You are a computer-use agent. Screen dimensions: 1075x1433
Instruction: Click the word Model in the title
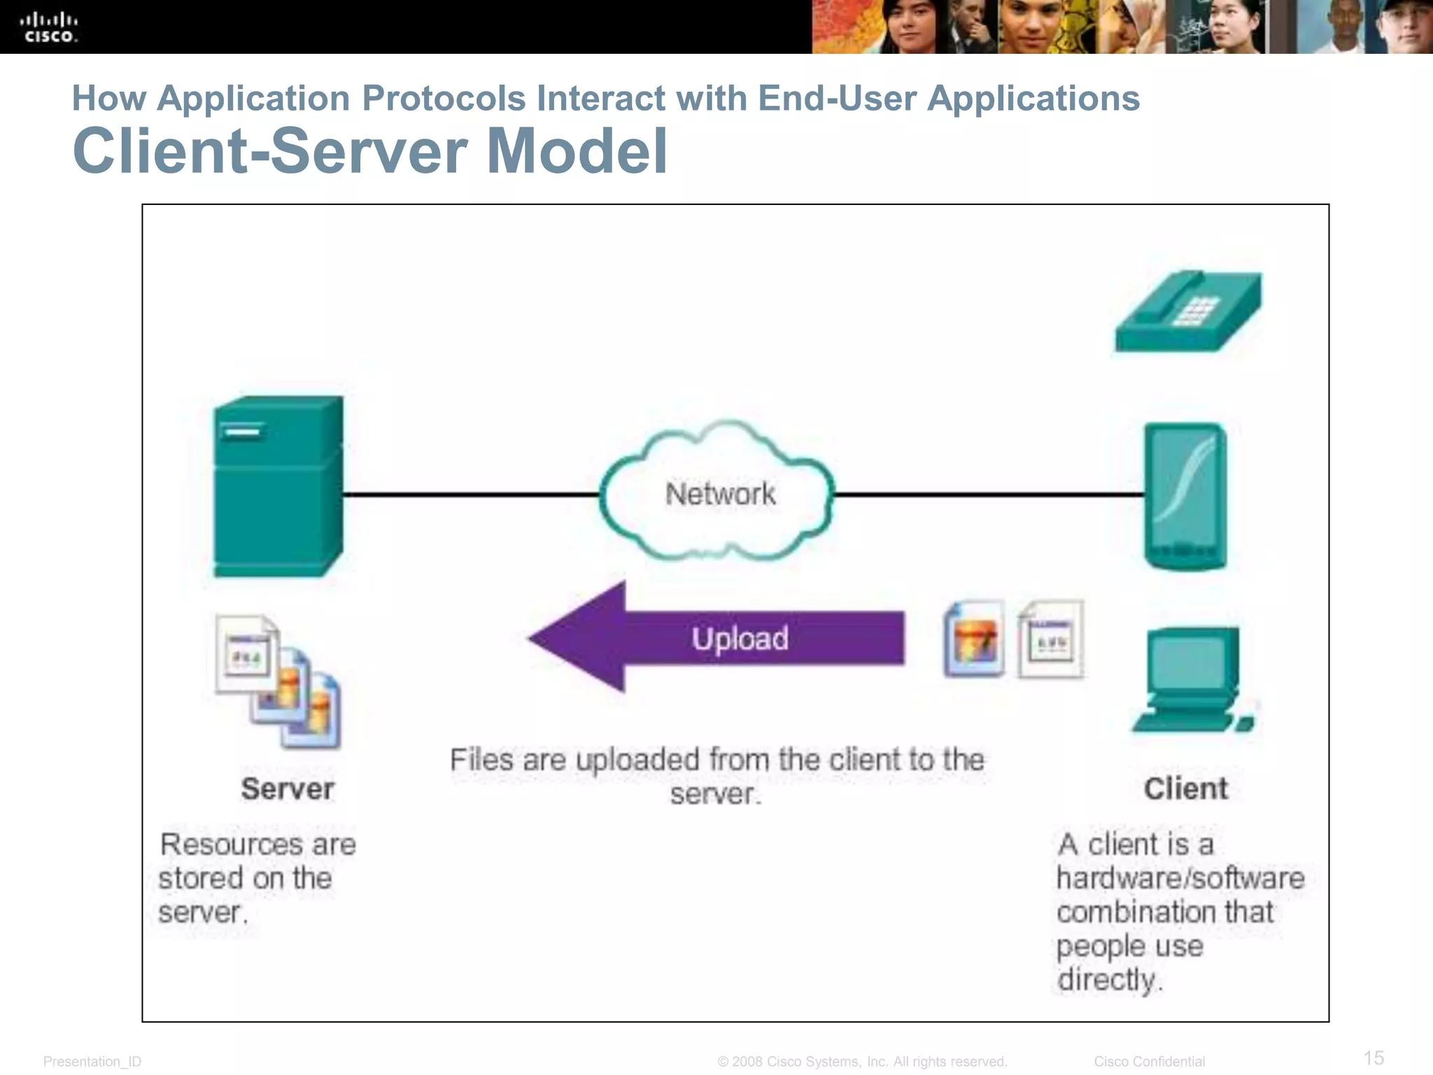[x=577, y=151]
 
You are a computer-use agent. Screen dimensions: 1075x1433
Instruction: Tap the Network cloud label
[x=720, y=494]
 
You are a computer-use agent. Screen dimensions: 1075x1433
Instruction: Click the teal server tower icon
[x=278, y=487]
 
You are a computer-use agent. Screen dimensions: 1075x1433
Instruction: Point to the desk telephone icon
[x=1188, y=311]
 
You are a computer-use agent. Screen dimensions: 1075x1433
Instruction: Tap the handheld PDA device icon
[x=1185, y=496]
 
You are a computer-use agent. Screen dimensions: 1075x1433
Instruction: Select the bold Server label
[x=288, y=789]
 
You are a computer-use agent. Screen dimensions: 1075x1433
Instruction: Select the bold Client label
[x=1185, y=789]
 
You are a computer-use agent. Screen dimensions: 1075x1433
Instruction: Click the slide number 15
[x=1374, y=1058]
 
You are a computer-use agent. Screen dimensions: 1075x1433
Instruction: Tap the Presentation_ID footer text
[x=92, y=1062]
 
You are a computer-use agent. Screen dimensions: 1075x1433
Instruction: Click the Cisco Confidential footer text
[x=1149, y=1062]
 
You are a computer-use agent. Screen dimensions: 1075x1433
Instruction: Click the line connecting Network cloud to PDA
[x=988, y=494]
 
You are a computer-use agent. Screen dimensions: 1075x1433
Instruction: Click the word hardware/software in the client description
[x=1180, y=878]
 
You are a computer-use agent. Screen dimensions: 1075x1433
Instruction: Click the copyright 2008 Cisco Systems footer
[x=862, y=1062]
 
